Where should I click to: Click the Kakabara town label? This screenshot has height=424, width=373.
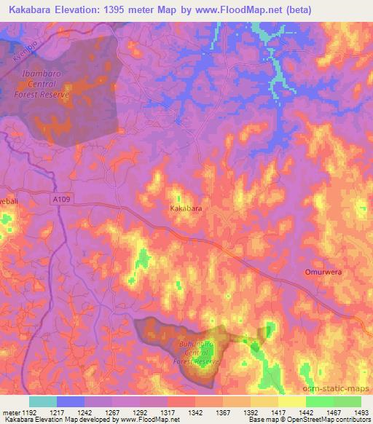186,208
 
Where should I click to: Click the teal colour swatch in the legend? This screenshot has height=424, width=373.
42,401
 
